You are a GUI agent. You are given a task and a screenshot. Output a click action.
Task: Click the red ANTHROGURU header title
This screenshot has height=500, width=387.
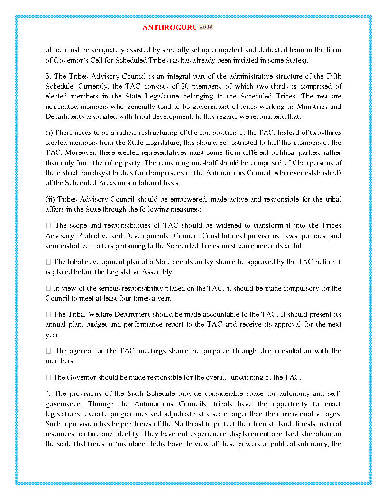169,27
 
